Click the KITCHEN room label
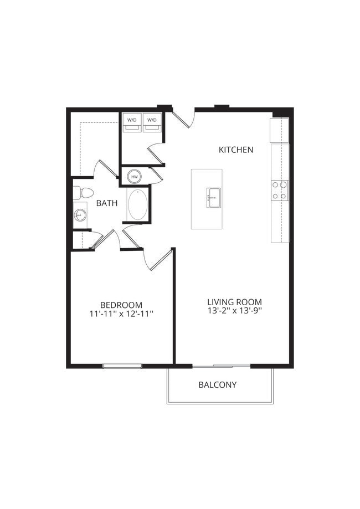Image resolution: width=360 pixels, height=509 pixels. coord(236,150)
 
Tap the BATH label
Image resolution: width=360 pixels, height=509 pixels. coord(107,203)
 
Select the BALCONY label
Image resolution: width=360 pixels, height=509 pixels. coord(218,384)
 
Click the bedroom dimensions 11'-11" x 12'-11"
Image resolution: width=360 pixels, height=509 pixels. coord(121,314)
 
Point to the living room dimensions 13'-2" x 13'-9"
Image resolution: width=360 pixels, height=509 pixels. coord(234,311)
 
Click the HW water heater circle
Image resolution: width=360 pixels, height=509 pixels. coord(134,177)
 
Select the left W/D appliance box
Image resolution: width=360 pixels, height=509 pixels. coord(132,122)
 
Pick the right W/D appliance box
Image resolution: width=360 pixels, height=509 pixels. coord(152,122)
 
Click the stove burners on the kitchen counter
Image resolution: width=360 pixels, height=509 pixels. coord(280,190)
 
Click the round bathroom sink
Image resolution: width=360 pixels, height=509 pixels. coord(80,214)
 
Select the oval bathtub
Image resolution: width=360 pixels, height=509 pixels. coord(138,205)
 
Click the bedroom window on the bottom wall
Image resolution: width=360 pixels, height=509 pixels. coord(122,366)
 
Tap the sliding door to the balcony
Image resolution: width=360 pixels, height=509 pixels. coord(222,366)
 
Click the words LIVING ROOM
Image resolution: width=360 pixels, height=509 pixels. coord(234,302)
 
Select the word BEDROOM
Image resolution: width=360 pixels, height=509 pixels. coord(121,305)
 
